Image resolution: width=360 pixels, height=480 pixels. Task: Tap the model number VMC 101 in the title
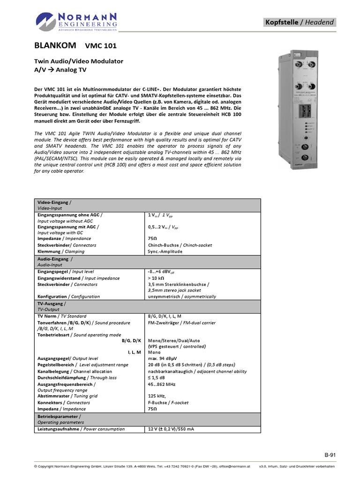(101, 46)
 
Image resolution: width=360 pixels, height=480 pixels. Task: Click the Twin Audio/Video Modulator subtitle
(79, 61)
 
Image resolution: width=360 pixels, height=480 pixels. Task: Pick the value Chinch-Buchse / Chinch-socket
(180, 245)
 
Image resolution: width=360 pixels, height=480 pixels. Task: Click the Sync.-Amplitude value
(165, 252)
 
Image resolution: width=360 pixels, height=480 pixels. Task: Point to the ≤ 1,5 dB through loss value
(157, 377)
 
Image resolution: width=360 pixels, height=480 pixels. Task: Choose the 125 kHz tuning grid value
(157, 396)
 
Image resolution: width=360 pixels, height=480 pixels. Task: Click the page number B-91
(330, 455)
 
